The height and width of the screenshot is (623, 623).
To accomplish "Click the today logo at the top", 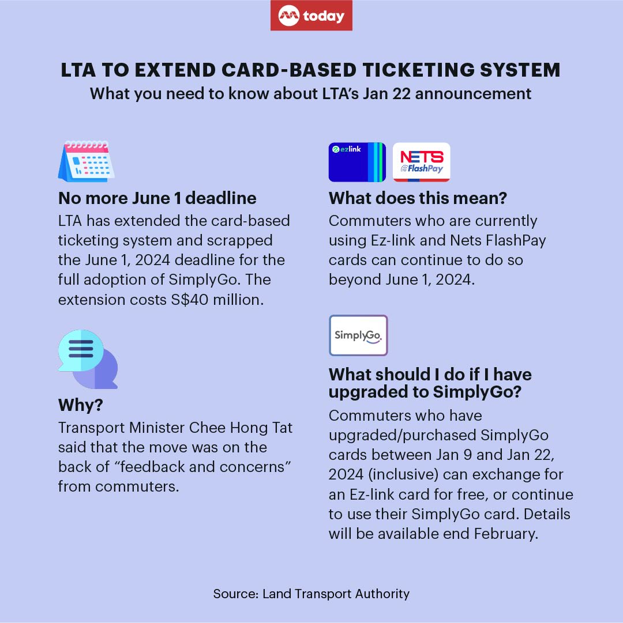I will [x=311, y=16].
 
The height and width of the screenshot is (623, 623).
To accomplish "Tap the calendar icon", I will [x=87, y=161].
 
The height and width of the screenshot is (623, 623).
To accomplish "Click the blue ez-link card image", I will [x=357, y=162].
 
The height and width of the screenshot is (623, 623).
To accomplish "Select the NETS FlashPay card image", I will [x=421, y=162].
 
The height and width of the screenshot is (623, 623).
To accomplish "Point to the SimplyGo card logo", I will [x=358, y=335].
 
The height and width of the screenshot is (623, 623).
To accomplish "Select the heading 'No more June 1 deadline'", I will [x=157, y=198].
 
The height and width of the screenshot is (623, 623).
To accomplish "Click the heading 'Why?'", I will [x=81, y=405].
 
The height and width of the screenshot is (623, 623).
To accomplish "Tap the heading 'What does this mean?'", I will [x=418, y=198].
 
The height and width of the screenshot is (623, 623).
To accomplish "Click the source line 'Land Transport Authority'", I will [x=336, y=594].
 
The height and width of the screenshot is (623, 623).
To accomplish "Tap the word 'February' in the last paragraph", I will [x=506, y=534].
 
